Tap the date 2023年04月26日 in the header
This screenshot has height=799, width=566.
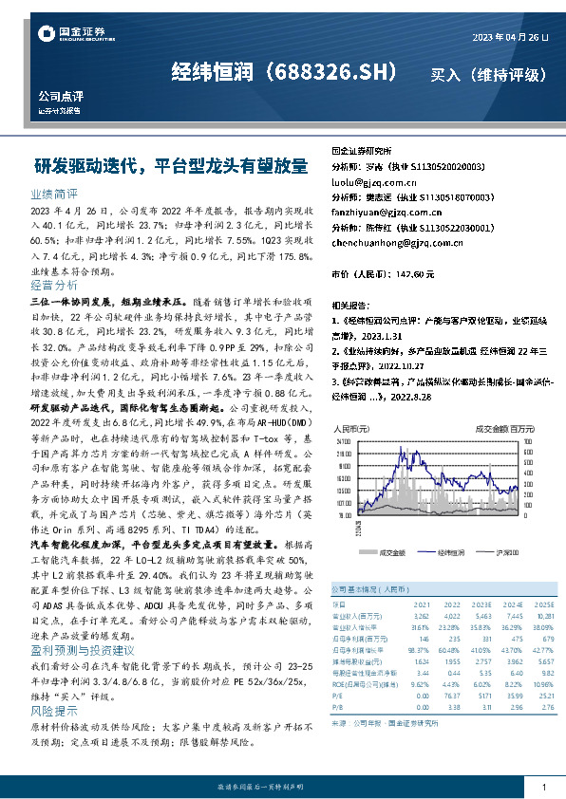tap(511, 36)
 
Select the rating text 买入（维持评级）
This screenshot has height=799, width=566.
tap(487, 73)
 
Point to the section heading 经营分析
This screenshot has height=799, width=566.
tap(53, 285)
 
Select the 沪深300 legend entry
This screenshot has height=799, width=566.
tap(500, 550)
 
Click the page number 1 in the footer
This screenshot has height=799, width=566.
tap(543, 787)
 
